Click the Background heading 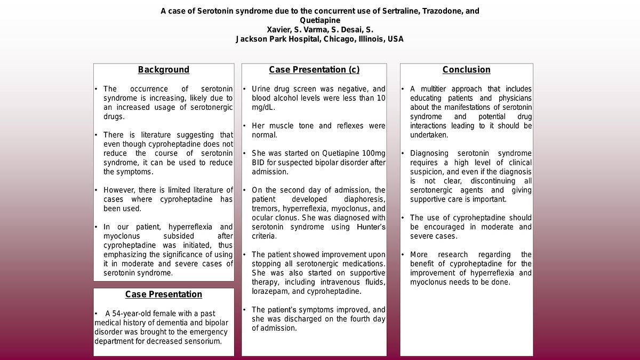point(163,70)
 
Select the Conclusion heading point(466,70)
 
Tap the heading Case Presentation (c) point(314,70)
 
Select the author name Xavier point(279,30)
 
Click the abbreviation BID point(259,163)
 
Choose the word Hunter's point(371,227)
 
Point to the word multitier point(439,89)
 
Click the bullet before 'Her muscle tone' point(244,126)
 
